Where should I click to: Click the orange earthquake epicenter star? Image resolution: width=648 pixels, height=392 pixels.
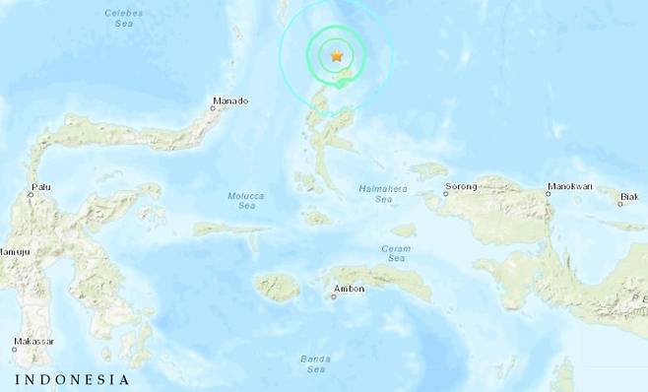click(337, 57)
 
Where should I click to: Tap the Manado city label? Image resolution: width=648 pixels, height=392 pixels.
click(229, 100)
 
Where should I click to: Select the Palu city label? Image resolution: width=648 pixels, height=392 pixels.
click(40, 184)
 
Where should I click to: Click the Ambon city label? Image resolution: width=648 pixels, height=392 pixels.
click(351, 289)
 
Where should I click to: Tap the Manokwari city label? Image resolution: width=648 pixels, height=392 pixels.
click(570, 185)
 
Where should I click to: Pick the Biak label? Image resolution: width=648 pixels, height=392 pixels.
click(627, 197)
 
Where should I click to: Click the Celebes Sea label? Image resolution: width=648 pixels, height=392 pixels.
click(123, 18)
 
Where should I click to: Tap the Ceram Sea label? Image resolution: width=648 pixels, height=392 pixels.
click(397, 253)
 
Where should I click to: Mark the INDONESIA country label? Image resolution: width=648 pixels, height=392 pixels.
click(71, 379)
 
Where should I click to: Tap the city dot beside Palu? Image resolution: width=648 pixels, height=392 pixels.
click(30, 194)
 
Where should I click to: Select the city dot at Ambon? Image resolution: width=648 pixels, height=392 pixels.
click(336, 289)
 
